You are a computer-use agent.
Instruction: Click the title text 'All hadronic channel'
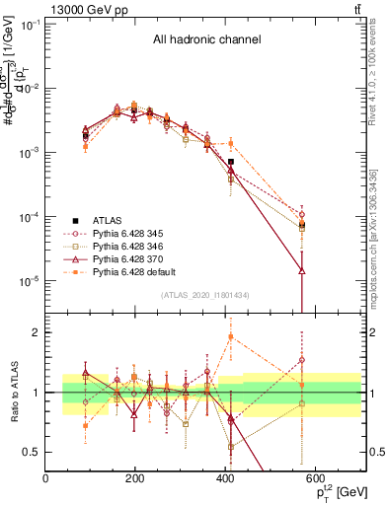click(x=206, y=40)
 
